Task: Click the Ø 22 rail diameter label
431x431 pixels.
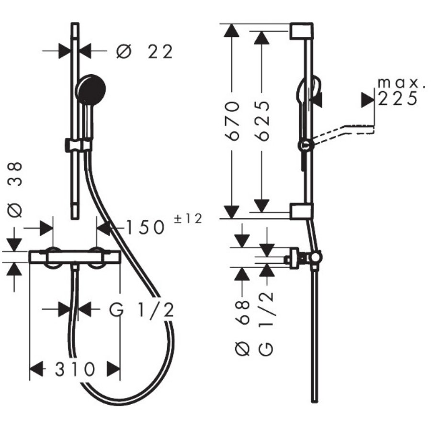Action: pos(144,51)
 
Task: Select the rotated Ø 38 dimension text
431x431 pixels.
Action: pos(16,189)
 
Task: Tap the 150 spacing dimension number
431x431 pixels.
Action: pos(146,228)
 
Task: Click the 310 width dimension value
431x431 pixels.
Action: pos(74,369)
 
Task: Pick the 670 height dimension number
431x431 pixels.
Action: pos(232,120)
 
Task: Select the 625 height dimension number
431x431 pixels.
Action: pos(261,120)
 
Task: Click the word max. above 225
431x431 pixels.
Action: pos(401,83)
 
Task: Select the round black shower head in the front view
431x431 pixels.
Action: pos(91,90)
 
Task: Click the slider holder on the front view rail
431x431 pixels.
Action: pos(78,144)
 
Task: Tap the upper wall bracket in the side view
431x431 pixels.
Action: pos(301,32)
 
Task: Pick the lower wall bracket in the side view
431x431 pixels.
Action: pos(301,211)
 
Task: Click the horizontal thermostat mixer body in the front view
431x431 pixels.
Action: pos(74,257)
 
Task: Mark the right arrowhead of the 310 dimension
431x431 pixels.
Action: pos(113,369)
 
